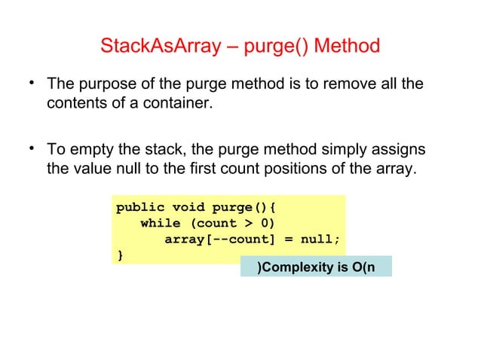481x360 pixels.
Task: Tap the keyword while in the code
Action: pyautogui.click(x=160, y=223)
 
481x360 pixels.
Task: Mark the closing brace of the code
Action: pyautogui.click(x=118, y=256)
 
